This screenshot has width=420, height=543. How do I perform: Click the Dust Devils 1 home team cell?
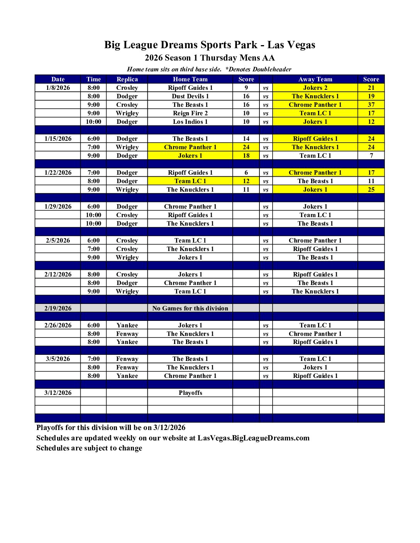click(190, 96)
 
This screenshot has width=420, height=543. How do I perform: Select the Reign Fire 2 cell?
click(190, 113)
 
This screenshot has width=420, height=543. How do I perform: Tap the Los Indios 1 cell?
click(190, 122)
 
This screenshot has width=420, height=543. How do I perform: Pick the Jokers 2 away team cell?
click(315, 88)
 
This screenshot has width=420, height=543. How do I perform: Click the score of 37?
click(371, 105)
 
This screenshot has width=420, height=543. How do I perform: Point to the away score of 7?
click(371, 156)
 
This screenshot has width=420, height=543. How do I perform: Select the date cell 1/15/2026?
click(58, 139)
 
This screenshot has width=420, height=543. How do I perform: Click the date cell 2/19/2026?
click(58, 309)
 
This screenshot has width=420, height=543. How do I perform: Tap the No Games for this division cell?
click(190, 309)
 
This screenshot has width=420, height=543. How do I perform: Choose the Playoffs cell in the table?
click(190, 393)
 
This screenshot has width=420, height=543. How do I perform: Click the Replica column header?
click(127, 79)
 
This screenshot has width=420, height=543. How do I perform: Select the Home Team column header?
click(190, 79)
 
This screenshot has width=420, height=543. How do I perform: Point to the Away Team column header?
click(315, 79)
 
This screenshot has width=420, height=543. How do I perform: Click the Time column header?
click(93, 79)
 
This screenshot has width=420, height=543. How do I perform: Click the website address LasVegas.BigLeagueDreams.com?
click(253, 438)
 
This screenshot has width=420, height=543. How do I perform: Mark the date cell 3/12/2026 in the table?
click(58, 393)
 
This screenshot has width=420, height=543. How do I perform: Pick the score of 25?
click(371, 190)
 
